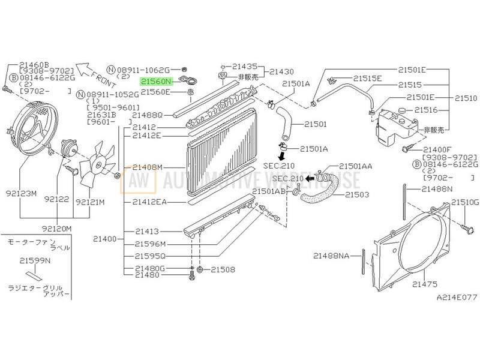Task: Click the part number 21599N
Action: tap(34, 261)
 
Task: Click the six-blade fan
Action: tap(96, 162)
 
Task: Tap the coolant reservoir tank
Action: tap(393, 123)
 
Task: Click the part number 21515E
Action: tap(367, 78)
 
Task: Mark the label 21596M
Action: tap(149, 244)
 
